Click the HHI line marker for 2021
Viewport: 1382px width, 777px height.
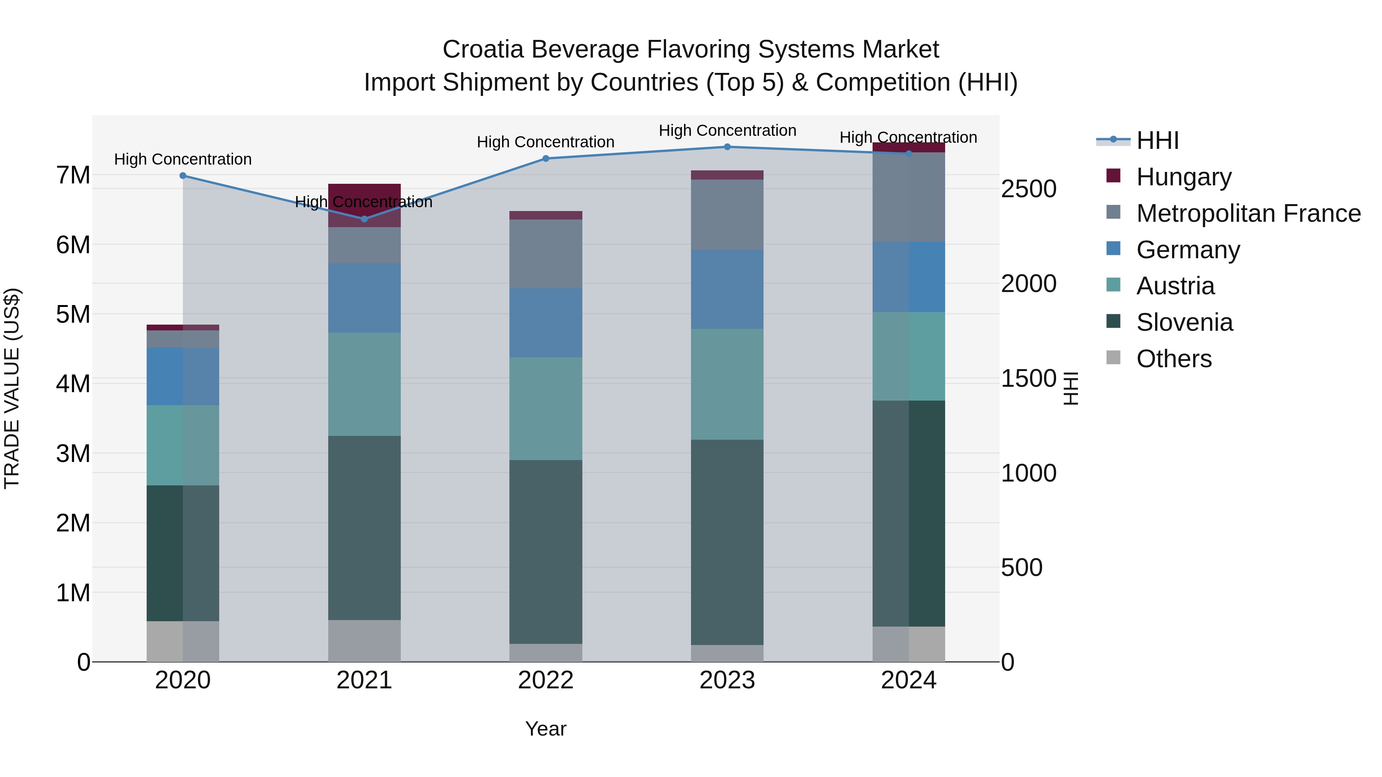[364, 219]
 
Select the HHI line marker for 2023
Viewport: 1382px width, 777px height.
[727, 147]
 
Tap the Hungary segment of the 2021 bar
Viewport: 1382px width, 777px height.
[364, 205]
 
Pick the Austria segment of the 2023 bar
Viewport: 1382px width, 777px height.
[727, 384]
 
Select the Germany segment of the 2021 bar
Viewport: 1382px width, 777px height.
[364, 298]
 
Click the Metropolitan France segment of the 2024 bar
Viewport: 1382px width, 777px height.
[908, 197]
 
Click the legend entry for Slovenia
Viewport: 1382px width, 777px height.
[1184, 322]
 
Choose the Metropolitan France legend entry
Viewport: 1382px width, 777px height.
[1248, 213]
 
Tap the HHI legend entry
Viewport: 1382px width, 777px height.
[1157, 140]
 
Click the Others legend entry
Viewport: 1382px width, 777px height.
[1173, 359]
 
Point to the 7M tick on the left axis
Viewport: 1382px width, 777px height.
[73, 175]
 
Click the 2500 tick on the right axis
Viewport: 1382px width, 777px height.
[1028, 189]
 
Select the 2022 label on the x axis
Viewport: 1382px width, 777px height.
[546, 680]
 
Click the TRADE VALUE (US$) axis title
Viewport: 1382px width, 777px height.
[12, 388]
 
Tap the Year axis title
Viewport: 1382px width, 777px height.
[546, 729]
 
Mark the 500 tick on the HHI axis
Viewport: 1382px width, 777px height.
[1022, 568]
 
